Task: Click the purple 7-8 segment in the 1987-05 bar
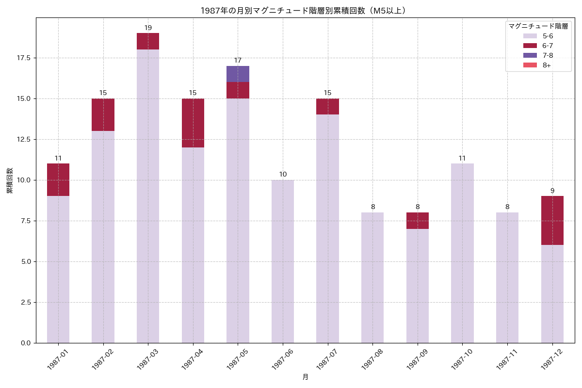click(x=238, y=74)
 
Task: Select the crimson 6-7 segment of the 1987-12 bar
click(x=552, y=221)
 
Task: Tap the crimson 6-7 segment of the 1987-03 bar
click(x=148, y=41)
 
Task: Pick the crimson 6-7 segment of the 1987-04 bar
click(x=193, y=123)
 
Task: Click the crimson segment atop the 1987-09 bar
click(x=418, y=221)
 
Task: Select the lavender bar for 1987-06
click(x=283, y=261)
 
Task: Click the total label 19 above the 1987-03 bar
click(x=148, y=28)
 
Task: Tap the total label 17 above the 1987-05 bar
click(x=238, y=61)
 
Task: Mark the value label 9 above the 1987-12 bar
click(x=552, y=191)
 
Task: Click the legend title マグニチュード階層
click(x=538, y=26)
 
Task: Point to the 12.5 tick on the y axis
click(x=23, y=139)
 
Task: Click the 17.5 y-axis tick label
click(x=23, y=58)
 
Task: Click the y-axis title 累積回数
click(x=10, y=180)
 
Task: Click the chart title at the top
click(x=303, y=10)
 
